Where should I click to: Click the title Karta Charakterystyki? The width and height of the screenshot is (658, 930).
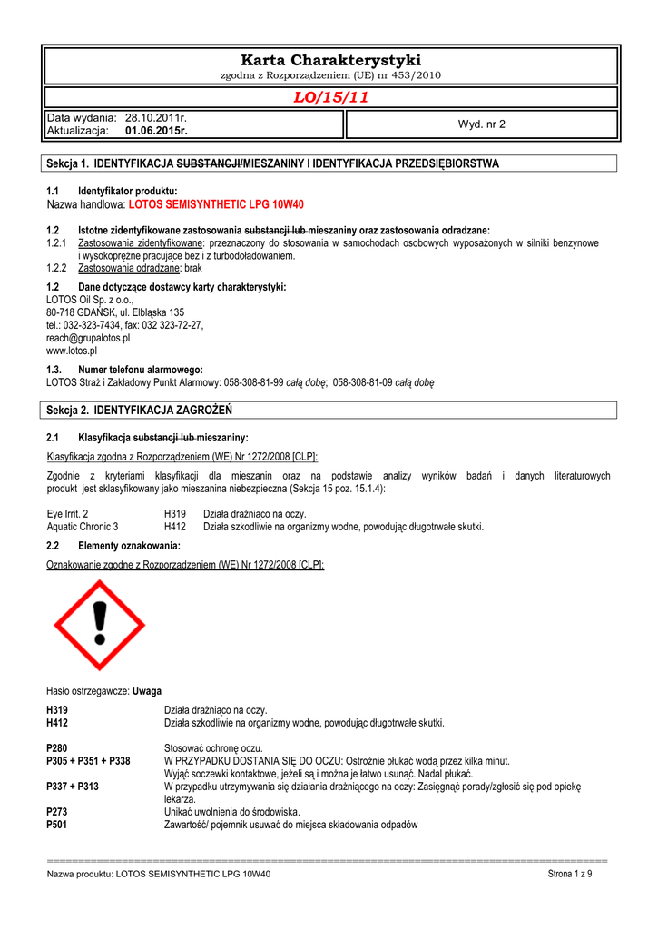coord(330,60)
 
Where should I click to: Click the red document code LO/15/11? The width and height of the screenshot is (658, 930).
coord(330,97)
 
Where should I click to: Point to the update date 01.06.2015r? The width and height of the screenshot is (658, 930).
coord(156,131)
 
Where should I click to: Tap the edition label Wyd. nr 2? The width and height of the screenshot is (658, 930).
coord(482,124)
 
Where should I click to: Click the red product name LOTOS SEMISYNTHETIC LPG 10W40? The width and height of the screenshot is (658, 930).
coord(217,205)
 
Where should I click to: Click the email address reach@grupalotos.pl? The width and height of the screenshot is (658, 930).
coord(88,337)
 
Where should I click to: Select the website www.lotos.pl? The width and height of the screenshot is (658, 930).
coord(72,350)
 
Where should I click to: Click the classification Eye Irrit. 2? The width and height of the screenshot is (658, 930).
coord(67,513)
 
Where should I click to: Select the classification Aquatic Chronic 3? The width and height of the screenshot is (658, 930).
coord(82,526)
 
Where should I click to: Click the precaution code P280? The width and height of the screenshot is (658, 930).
coord(57,747)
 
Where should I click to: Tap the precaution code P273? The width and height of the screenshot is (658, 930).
coord(57,811)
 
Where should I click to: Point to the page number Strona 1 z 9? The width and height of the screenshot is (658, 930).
coord(570,874)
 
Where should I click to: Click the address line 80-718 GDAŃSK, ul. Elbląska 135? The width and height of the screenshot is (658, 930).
coord(115,312)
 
